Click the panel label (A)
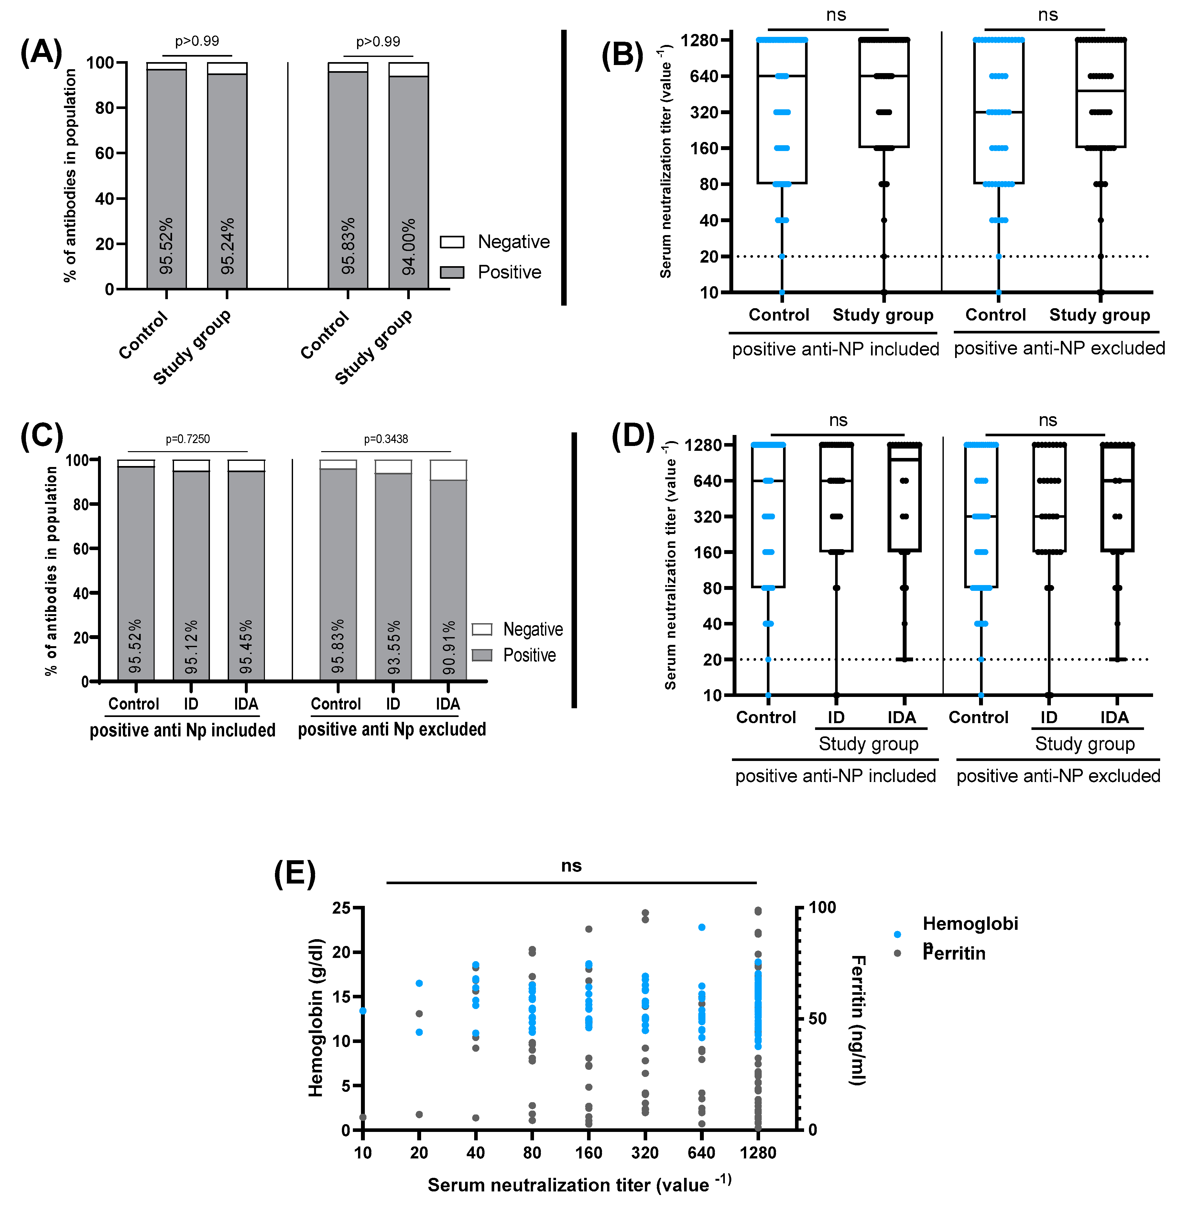click(x=41, y=52)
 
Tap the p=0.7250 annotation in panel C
click(x=187, y=440)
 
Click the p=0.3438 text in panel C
click(x=386, y=440)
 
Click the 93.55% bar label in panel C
click(x=394, y=647)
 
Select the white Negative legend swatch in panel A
click(x=452, y=242)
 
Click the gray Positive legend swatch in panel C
click(x=482, y=655)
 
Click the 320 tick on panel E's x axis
click(x=645, y=1153)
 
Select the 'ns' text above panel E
click(x=571, y=866)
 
